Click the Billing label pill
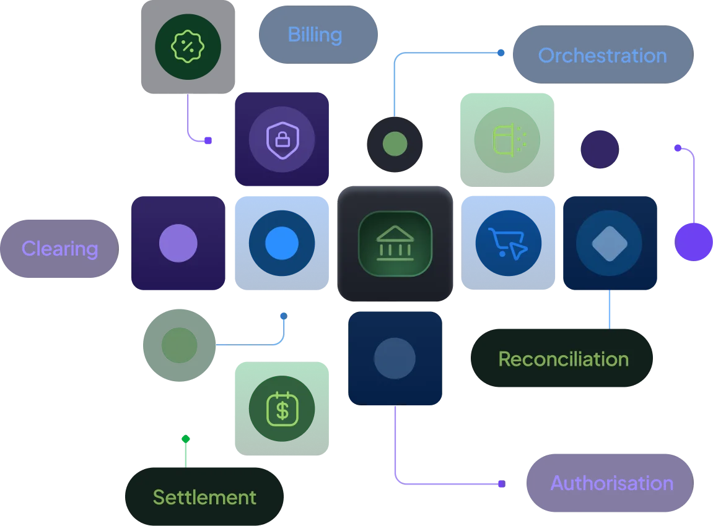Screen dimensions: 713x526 coord(318,35)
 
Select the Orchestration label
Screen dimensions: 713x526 coord(603,54)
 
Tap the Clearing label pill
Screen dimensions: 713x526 coord(59,249)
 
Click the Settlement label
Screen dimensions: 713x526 coord(204,496)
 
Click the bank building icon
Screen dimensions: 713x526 coord(395,243)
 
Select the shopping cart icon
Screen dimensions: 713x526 coord(508,243)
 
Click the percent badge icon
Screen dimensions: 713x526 coord(188,46)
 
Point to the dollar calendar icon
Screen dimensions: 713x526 coord(282,409)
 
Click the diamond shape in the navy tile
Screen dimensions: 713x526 coord(610,243)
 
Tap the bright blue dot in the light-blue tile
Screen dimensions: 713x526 coord(282,243)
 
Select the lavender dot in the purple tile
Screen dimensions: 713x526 coord(178,243)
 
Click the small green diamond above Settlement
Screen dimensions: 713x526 coord(185,439)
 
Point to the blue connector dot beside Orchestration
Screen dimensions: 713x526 coord(501,53)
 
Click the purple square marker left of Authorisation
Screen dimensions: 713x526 coord(502,484)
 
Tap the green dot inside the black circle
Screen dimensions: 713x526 coord(395,144)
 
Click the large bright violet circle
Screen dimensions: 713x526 coord(693,242)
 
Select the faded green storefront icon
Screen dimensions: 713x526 coord(508,139)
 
